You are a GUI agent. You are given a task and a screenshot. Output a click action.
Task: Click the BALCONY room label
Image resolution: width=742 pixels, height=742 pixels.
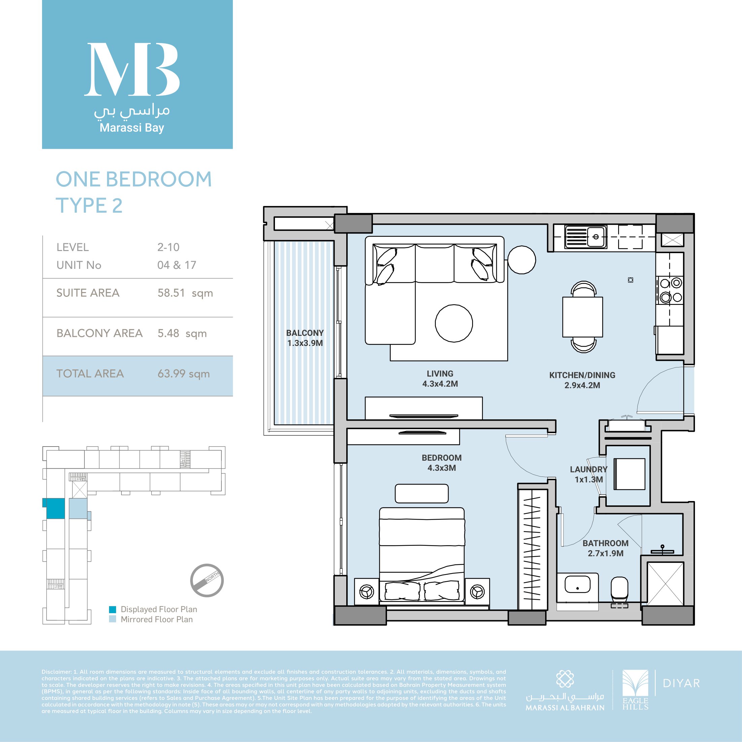click(305, 338)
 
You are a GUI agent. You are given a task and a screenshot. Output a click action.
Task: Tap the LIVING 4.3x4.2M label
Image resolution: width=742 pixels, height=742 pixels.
click(440, 378)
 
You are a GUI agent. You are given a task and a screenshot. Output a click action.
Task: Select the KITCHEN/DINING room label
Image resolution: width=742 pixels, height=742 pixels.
click(582, 380)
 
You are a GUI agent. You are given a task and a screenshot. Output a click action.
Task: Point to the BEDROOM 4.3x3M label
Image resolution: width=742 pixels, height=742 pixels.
click(441, 463)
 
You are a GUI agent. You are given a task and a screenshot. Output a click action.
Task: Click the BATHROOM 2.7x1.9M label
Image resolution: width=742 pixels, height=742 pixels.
click(606, 548)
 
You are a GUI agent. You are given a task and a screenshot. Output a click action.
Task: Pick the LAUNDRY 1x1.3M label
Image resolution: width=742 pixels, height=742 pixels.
click(589, 474)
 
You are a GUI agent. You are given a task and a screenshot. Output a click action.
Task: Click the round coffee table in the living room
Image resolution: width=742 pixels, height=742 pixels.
click(454, 323)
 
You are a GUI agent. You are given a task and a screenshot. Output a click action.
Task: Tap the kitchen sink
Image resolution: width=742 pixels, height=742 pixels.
click(586, 237)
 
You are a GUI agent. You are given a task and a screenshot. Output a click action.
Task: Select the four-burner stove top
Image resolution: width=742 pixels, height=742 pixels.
click(670, 290)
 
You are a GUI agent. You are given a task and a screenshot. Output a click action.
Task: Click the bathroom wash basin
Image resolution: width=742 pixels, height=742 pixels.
click(577, 585)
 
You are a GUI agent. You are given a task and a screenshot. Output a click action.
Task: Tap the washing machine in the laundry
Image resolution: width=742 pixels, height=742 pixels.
click(629, 474)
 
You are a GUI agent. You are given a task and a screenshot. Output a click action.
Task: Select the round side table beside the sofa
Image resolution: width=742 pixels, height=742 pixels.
click(522, 260)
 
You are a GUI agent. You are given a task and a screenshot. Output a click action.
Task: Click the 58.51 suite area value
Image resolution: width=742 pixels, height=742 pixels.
click(171, 293)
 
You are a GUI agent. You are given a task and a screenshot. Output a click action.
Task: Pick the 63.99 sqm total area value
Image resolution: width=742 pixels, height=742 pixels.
click(184, 373)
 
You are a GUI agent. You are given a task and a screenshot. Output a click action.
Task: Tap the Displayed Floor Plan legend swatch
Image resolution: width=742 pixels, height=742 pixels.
click(112, 609)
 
